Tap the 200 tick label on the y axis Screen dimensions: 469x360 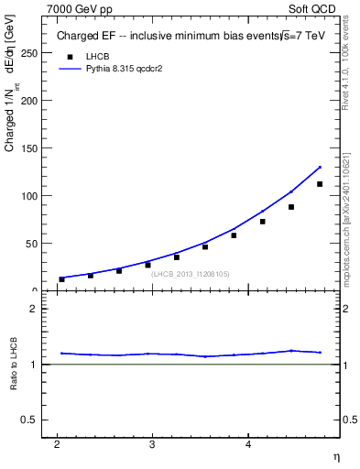pos(30,101)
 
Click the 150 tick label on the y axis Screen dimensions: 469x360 pos(30,148)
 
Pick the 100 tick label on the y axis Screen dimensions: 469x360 pos(30,196)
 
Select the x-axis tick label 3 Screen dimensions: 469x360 pos(152,445)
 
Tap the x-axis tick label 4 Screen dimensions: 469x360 pos(248,445)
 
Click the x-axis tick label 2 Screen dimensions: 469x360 pos(57,445)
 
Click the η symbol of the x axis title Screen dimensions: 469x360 pos(335,457)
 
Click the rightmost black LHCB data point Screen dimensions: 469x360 pos(320,184)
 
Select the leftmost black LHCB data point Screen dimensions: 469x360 pos(62,279)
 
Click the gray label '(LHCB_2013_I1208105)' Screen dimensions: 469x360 pos(191,274)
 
